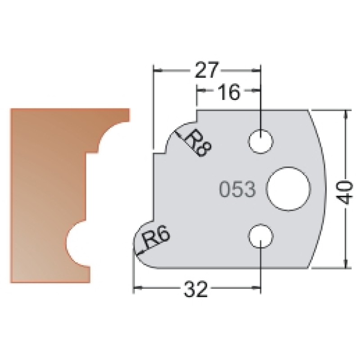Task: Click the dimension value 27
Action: click(x=206, y=70)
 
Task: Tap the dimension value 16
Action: click(x=229, y=92)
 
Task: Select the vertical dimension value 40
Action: click(x=346, y=192)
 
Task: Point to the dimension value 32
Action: click(x=196, y=289)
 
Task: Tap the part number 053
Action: click(x=238, y=189)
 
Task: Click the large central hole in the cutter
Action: click(x=289, y=189)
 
